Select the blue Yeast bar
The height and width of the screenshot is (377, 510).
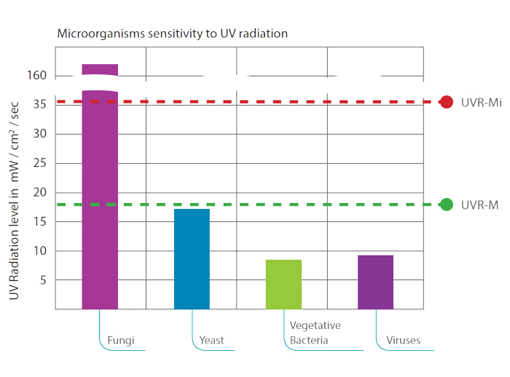192,258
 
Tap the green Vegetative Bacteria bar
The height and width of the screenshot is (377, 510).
283,284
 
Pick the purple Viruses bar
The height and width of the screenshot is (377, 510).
375,282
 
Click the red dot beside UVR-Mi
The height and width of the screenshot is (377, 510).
447,103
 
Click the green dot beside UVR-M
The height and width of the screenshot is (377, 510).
447,205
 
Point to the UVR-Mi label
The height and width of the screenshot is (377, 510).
481,103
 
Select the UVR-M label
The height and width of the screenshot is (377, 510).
478,205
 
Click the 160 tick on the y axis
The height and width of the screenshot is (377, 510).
38,76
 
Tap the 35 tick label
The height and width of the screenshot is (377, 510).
41,105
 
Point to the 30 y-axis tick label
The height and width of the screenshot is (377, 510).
41,134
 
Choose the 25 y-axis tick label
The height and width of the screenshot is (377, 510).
41,163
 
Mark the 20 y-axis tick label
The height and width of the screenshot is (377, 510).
41,193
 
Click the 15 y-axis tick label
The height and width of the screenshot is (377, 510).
41,222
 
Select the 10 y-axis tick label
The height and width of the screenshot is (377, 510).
41,251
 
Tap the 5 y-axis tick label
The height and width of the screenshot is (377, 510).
44,280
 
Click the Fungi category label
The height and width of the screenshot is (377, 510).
121,340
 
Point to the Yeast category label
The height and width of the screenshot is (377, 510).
212,340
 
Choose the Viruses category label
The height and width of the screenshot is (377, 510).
404,340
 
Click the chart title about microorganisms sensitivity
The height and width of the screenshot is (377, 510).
173,33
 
